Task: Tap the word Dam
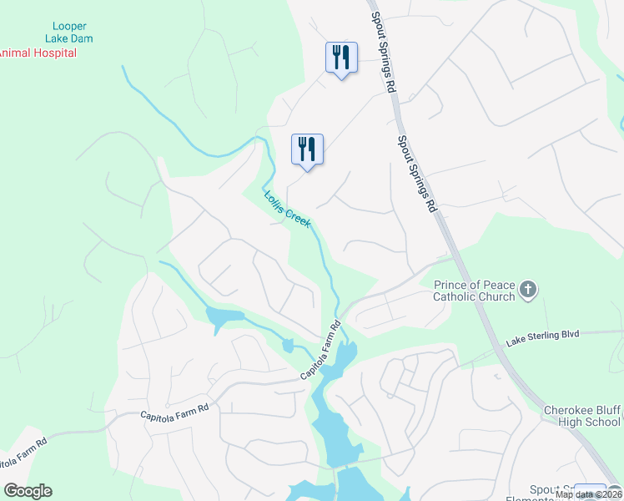[x=82, y=39]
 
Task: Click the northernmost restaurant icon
[x=341, y=58]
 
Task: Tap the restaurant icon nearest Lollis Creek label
[x=307, y=149]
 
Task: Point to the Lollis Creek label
[x=288, y=209]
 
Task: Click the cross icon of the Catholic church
[x=527, y=290]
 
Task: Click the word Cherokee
[x=570, y=410]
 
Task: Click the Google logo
[x=28, y=491]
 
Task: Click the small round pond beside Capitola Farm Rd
[x=288, y=345]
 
